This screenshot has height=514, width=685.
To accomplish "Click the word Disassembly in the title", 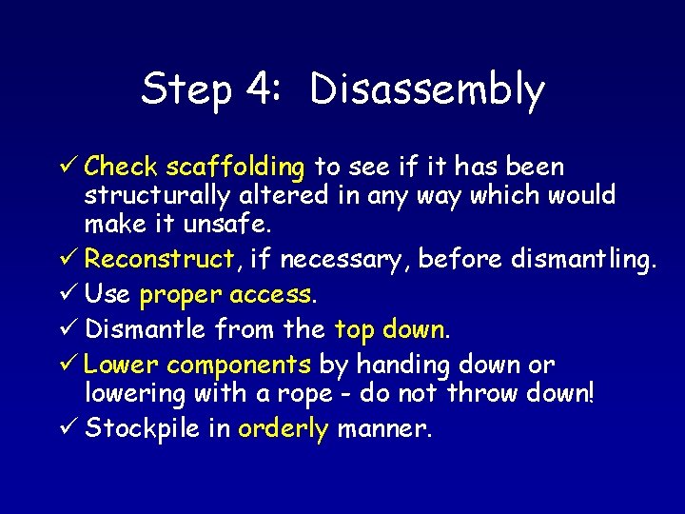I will [427, 90].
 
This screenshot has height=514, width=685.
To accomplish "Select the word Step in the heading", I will [186, 90].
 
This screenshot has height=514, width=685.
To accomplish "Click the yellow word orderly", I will [283, 428].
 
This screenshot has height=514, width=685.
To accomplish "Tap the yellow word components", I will [239, 365].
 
